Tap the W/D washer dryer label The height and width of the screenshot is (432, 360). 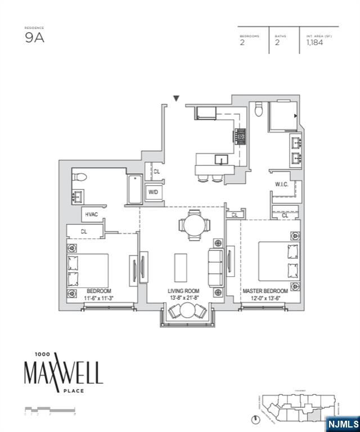tap(153, 192)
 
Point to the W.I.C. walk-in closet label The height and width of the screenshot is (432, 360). tap(282, 184)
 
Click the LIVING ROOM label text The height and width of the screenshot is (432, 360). tap(184, 291)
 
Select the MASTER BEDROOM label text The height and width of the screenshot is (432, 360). tap(265, 291)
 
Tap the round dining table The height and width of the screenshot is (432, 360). tap(192, 224)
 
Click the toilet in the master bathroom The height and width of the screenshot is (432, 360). tap(259, 109)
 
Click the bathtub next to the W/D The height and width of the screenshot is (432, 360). tap(136, 191)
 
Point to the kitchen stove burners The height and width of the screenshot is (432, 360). tap(240, 136)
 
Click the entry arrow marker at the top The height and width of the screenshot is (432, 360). tap(177, 98)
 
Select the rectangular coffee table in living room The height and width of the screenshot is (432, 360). tap(181, 268)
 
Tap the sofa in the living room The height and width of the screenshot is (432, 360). tap(215, 267)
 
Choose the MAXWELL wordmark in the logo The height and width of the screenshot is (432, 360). tap(63, 372)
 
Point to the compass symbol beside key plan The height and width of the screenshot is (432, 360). tap(256, 419)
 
